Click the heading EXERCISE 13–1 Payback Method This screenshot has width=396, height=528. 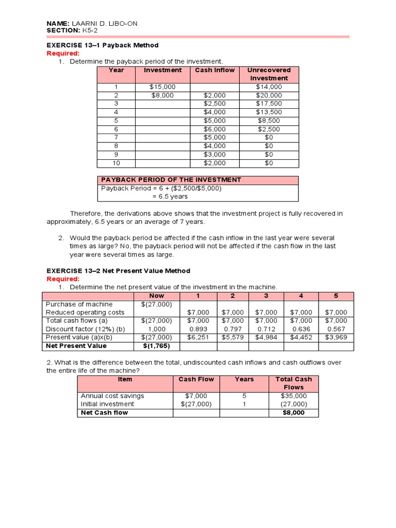[103, 45]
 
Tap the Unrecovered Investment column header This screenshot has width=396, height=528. [269, 74]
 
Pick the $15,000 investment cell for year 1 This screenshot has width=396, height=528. [162, 87]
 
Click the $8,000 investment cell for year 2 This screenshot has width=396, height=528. [162, 95]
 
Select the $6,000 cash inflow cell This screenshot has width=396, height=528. [214, 129]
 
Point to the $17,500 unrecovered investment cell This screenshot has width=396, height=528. [269, 104]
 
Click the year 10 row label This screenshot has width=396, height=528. [116, 163]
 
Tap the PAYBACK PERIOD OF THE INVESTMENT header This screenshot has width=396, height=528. [171, 179]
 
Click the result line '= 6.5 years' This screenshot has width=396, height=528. [170, 196]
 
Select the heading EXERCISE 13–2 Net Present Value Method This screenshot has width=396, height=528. [118, 271]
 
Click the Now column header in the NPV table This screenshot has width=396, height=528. [156, 296]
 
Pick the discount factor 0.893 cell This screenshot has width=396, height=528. [198, 329]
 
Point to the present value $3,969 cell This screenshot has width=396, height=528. [336, 337]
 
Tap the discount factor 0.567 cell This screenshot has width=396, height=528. [336, 329]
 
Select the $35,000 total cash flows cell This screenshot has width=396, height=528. [293, 396]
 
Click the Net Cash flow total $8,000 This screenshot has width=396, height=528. [293, 412]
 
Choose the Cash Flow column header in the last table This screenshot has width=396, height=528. [196, 379]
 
